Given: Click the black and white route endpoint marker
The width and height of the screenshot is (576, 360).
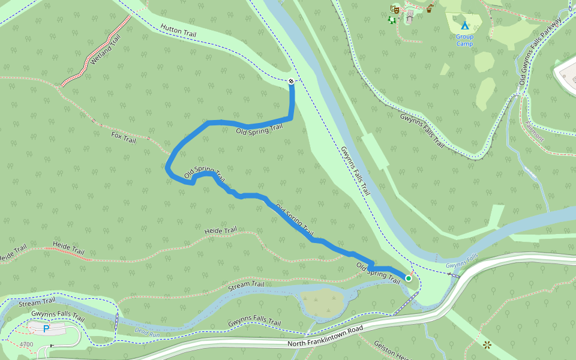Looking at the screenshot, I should coord(291,81).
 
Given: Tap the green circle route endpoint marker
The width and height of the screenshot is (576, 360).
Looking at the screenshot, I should coord(409,278).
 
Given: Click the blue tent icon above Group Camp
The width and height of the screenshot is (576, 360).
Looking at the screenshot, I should coord(464,25).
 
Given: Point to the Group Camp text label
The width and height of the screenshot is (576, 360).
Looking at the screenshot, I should coord(464,40).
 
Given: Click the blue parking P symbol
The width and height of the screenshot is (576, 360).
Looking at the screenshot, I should coord(46,329).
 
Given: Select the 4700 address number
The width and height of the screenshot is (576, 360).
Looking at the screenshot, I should coord(26,344).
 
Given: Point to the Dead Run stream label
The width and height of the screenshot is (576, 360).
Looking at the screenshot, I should coord(148,331).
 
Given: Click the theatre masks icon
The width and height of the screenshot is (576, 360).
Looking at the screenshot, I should coord(394,8).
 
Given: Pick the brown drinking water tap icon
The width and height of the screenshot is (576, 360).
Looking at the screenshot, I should coord(430,8).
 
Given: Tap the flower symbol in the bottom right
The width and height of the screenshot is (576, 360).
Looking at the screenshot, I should coord(487,344).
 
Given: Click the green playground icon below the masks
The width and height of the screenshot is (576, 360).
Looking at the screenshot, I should coord(392,20).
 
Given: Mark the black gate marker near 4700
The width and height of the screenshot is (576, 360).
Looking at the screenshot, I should coord(52,346).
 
